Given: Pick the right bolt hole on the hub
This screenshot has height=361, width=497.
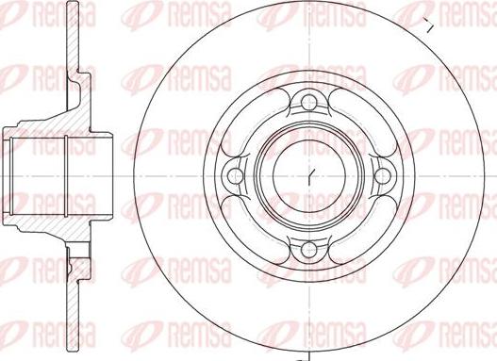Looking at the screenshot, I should point(383,176).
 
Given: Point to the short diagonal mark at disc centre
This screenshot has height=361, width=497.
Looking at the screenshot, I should point(310,175).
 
